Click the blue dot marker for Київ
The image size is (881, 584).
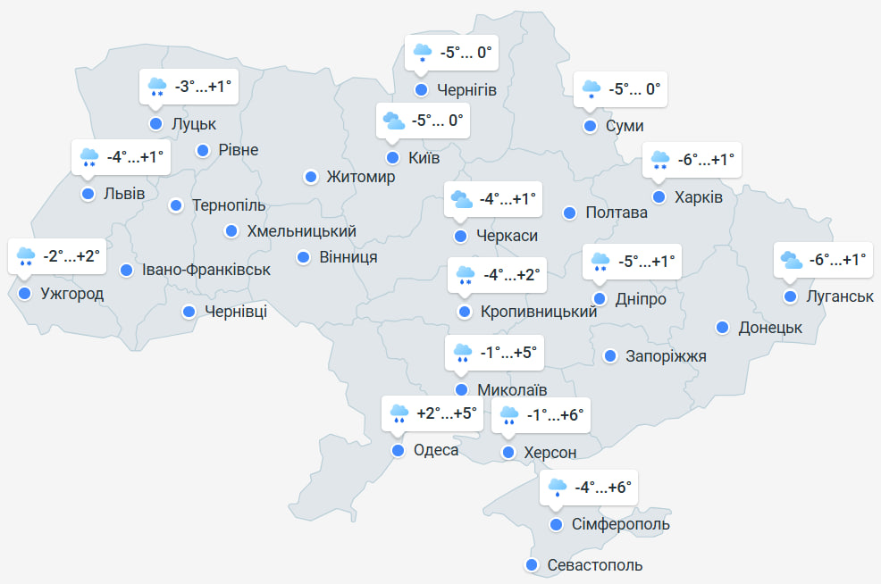392,158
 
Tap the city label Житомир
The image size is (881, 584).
361,178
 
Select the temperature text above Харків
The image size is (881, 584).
706,160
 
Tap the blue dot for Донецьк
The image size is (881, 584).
722,328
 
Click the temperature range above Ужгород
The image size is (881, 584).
71,256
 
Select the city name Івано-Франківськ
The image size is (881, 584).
206,270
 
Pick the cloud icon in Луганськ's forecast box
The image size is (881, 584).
792,260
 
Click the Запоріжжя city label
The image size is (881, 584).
667,356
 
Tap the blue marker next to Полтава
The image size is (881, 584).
569,213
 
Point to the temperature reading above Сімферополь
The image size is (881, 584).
603,488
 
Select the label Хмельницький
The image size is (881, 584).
301,231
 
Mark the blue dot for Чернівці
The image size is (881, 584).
189,312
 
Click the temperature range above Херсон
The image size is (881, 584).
555,414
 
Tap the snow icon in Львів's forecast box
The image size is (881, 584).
89,158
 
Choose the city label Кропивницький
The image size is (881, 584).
539,312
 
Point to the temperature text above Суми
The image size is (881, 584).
634,89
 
